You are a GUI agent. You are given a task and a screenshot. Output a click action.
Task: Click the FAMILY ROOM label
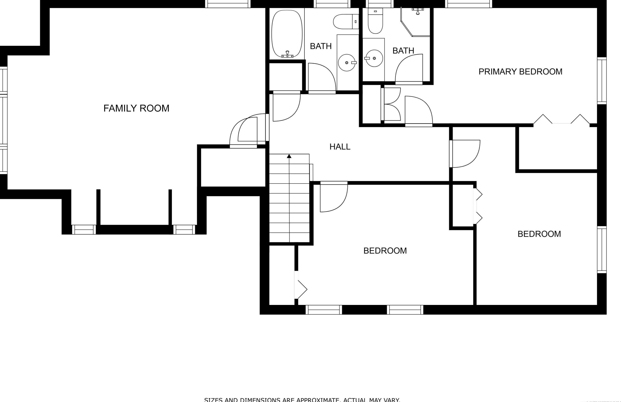[x=136, y=108]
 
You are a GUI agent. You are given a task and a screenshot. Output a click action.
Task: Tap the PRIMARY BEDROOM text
[x=520, y=72]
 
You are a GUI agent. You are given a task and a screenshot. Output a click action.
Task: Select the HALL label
[x=340, y=147]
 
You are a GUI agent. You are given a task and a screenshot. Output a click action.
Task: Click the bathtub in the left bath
[x=287, y=33]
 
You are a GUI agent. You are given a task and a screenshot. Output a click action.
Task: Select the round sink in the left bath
[x=347, y=62]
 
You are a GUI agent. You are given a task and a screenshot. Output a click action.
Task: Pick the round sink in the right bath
[x=374, y=58]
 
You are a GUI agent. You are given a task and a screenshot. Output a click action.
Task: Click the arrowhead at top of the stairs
[x=289, y=156]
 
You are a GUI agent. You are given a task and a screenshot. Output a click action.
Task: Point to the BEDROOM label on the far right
[x=539, y=234]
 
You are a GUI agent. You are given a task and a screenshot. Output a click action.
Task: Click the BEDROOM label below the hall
[x=385, y=251]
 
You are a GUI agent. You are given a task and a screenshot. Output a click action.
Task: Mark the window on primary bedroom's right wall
[x=602, y=81]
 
